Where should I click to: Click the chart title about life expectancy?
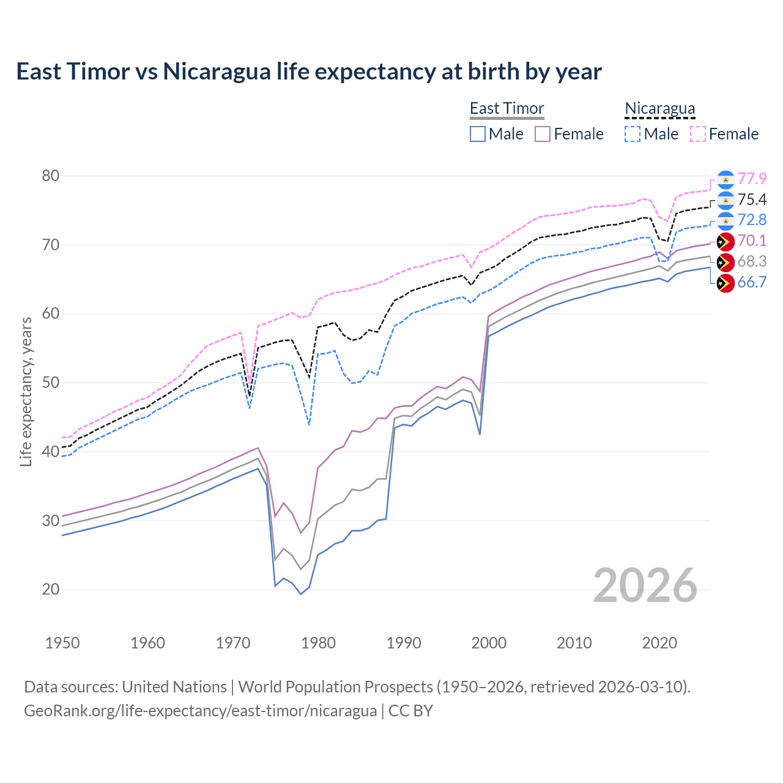click(x=309, y=72)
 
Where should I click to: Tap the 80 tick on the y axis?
click(x=51, y=176)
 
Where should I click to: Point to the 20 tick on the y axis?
click(x=51, y=590)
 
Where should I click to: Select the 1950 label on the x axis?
click(x=62, y=643)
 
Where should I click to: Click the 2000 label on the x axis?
click(x=489, y=643)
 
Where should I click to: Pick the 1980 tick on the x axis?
click(x=318, y=643)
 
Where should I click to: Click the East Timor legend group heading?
click(x=507, y=108)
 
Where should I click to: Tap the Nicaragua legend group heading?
click(x=659, y=108)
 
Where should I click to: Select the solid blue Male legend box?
click(x=478, y=134)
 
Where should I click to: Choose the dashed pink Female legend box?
click(x=697, y=134)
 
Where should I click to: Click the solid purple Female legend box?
click(x=543, y=134)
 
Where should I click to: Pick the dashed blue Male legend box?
click(x=633, y=134)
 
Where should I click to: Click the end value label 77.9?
click(x=752, y=179)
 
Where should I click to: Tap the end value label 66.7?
click(x=752, y=282)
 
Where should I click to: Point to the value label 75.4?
click(x=752, y=199)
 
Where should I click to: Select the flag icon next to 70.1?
click(x=725, y=242)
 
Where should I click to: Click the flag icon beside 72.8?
click(x=725, y=220)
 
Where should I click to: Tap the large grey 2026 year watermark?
click(x=645, y=585)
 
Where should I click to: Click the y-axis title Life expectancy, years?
click(x=26, y=391)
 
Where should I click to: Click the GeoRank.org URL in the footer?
click(x=201, y=711)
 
